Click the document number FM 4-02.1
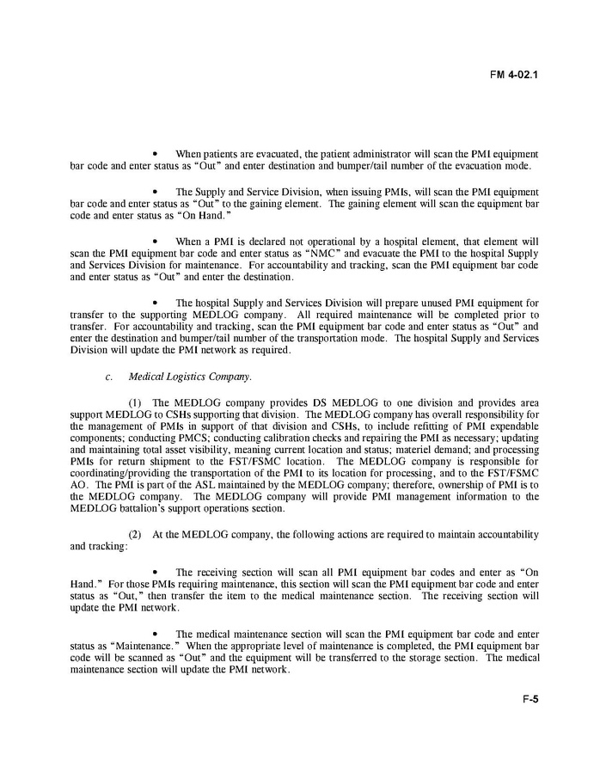[x=515, y=74]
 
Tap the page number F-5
[x=530, y=723]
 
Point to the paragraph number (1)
[x=136, y=402]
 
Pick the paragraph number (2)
[x=136, y=535]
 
